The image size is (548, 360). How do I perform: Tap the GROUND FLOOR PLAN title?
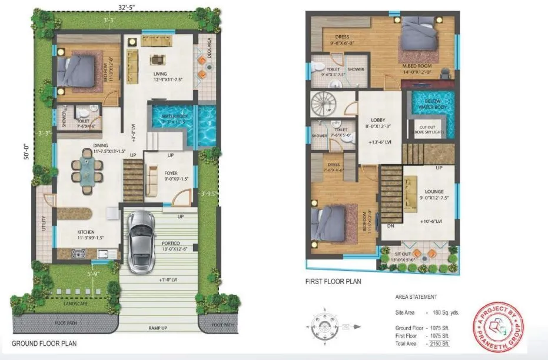pos(44,343)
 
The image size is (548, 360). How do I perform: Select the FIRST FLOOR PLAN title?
pos(333,282)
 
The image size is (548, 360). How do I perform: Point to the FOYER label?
pos(171,173)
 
